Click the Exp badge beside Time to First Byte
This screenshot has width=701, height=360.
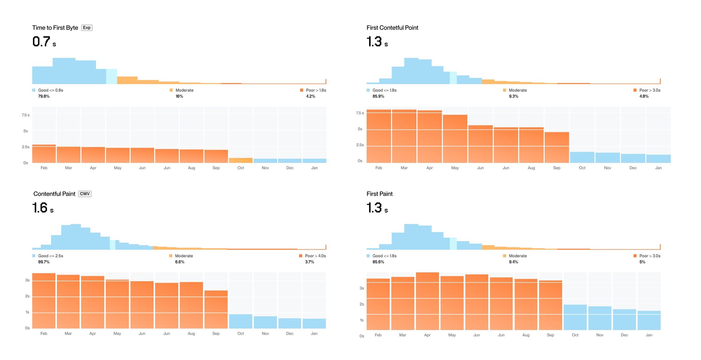87,28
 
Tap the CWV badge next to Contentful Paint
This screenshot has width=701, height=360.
84,194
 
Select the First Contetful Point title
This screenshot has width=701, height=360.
392,28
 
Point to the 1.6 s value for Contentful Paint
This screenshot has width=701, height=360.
43,208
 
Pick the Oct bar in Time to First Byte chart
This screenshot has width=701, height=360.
240,161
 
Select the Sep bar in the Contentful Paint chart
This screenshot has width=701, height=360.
216,309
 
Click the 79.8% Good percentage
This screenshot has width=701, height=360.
44,96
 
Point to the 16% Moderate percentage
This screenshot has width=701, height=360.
179,96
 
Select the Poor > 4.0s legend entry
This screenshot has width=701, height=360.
312,256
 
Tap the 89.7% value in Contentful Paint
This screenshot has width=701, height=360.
44,262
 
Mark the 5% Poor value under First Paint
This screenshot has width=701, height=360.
642,262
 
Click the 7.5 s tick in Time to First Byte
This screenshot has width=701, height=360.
26,115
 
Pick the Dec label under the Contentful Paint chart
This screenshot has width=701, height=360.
290,333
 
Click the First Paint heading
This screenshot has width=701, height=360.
379,194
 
